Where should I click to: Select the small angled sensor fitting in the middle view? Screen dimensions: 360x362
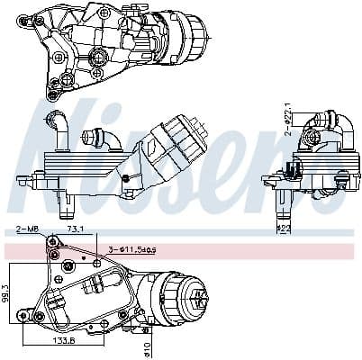(96, 139)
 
